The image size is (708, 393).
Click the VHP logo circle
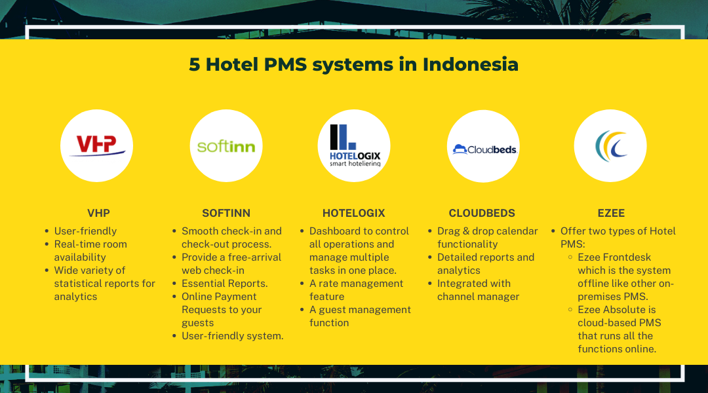tap(96, 145)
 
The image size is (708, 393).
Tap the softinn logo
tap(226, 145)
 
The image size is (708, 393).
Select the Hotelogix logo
tap(354, 145)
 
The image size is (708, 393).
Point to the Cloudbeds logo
tap(483, 145)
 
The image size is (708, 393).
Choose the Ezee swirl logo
tap(610, 145)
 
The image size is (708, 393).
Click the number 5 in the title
tap(195, 64)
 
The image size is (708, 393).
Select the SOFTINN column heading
tap(226, 213)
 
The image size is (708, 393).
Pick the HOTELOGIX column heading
tap(354, 213)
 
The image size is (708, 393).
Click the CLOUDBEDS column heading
tap(482, 213)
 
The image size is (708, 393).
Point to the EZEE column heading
tap(610, 213)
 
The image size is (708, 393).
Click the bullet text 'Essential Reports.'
tap(224, 284)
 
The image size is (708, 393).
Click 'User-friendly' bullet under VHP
tap(85, 231)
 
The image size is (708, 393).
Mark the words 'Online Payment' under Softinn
tap(219, 297)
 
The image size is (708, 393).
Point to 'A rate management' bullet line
tap(357, 284)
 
